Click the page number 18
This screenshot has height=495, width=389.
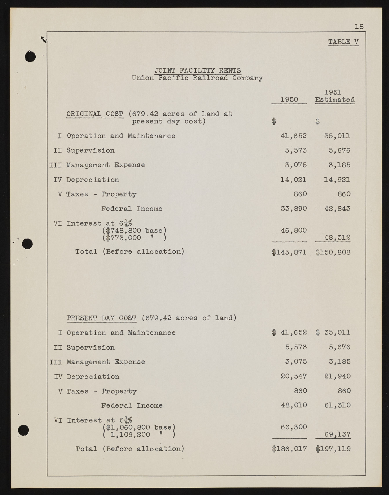pos(359,27)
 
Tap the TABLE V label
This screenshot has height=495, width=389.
pos(343,42)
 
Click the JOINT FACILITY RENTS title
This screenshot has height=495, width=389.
pos(197,70)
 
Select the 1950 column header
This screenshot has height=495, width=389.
pos(289,100)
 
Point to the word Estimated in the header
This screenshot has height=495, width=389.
pos(335,100)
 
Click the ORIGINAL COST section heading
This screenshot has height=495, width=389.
pos(95,114)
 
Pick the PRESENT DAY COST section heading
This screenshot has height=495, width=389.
pos(101,318)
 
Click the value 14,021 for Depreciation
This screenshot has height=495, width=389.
pos(293,180)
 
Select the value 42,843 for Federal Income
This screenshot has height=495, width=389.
pos(337,209)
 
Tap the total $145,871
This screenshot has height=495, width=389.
pos(289,252)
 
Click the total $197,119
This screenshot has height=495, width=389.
pos(333,449)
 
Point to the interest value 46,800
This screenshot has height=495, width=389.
pos(294,230)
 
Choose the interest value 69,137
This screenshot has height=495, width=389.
pos(337,434)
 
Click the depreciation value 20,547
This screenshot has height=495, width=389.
pos(294,376)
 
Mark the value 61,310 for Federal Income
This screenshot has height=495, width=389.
pos(337,405)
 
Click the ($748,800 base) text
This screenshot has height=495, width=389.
pos(134,231)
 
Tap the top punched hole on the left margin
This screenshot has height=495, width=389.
pos(30,56)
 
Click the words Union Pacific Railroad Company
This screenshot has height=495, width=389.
pos(197,78)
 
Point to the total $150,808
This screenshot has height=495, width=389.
pos(333,252)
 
